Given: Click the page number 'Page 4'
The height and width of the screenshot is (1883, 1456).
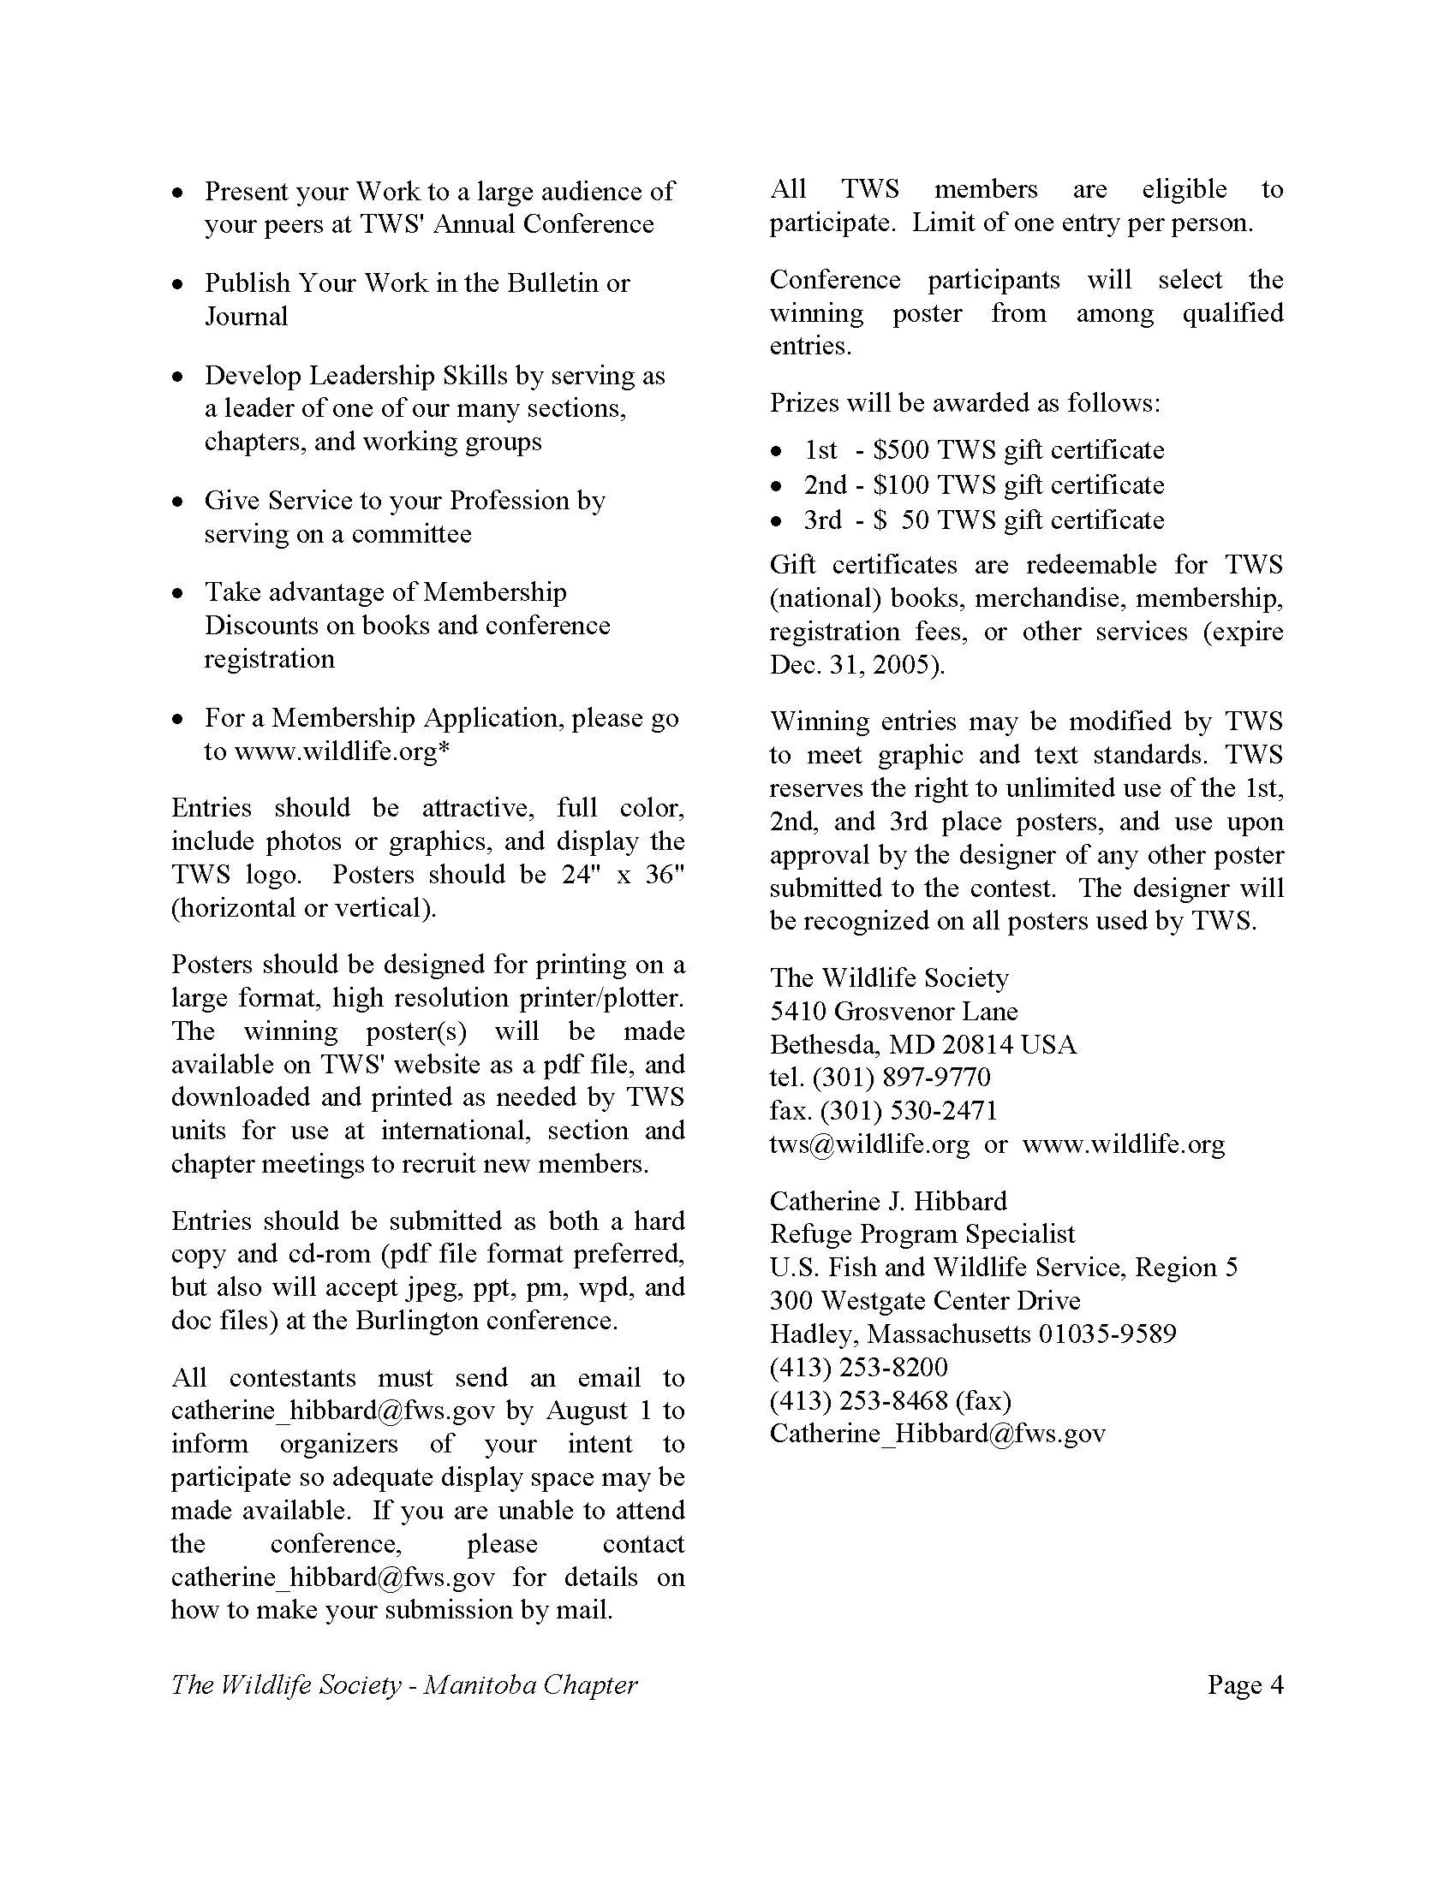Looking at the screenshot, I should (x=1244, y=1684).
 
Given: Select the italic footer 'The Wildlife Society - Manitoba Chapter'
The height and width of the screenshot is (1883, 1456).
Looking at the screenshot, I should (x=403, y=1684).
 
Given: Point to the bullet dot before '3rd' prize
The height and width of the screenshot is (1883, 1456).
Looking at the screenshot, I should (x=778, y=521).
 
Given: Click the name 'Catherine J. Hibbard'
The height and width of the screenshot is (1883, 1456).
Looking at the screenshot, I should (x=888, y=1201).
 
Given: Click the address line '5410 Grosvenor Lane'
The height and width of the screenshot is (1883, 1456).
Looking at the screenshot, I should (x=893, y=1011).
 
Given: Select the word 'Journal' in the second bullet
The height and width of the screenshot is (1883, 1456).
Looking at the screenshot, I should (x=246, y=317).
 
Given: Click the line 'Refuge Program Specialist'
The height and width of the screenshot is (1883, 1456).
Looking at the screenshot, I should (x=922, y=1233).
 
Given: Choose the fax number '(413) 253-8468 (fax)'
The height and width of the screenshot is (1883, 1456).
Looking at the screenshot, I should (x=890, y=1400).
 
